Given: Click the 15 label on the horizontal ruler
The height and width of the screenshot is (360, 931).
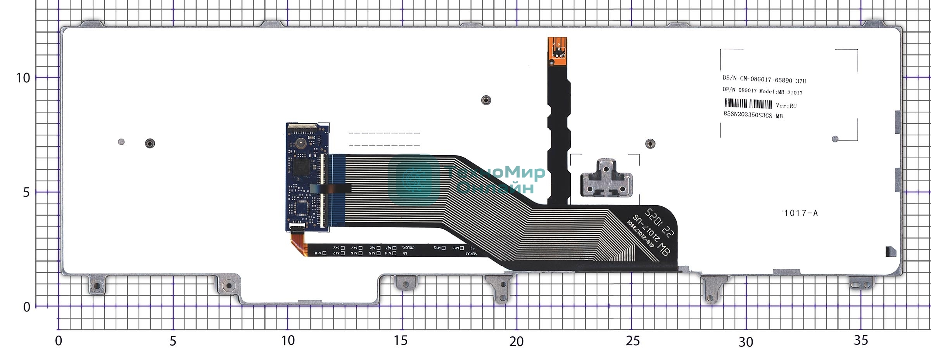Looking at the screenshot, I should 401,341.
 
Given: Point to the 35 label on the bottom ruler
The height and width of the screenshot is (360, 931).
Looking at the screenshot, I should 860,340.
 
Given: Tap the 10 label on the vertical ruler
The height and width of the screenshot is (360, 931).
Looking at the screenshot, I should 23,78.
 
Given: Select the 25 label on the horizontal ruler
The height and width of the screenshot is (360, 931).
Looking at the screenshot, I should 632,341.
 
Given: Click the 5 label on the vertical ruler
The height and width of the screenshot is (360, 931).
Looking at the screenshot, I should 26,192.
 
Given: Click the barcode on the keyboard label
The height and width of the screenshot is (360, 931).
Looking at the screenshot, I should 748,104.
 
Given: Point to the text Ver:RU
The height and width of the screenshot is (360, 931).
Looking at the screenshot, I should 786,106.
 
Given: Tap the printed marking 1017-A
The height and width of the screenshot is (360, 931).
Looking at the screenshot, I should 801,213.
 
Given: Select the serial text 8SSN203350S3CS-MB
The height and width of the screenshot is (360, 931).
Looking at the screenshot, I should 753,115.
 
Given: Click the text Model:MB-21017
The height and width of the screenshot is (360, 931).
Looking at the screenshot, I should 781,92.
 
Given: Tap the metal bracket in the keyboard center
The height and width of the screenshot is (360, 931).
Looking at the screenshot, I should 606,179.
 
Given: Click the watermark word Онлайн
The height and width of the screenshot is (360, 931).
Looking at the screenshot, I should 495,188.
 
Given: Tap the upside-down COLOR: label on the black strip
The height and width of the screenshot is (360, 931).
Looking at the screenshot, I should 408,247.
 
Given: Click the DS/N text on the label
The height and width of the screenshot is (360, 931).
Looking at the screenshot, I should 729,78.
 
